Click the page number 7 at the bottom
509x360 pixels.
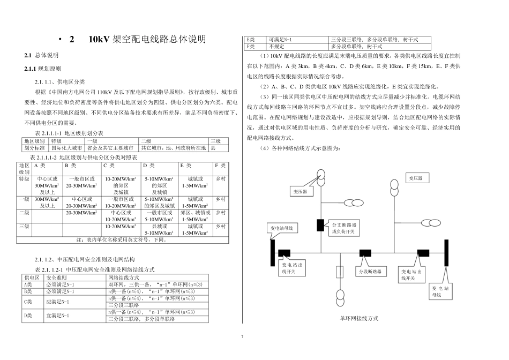tap(242, 336)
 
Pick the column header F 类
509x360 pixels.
tap(220, 166)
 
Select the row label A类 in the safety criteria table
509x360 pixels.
tap(29, 284)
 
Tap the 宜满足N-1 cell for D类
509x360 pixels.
tap(58, 316)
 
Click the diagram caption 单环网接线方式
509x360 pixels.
tap(359, 318)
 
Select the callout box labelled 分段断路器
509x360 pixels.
tap(370, 272)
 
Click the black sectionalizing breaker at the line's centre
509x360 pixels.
tap(365, 253)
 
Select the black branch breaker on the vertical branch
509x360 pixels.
tap(320, 226)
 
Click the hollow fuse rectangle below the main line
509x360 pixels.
tap(339, 272)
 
